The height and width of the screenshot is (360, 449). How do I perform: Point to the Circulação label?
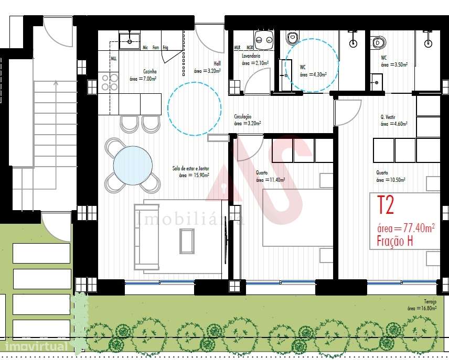tap(243, 116)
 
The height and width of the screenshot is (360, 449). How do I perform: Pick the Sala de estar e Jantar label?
tap(191, 168)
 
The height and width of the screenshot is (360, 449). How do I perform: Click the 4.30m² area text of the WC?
tap(313, 75)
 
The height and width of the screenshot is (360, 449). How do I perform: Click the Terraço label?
tap(431, 301)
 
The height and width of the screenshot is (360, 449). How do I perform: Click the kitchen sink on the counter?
tap(129, 40)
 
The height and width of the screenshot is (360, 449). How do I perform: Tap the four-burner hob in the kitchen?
tap(109, 82)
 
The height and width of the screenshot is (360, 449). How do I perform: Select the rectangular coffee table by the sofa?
tap(187, 241)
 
